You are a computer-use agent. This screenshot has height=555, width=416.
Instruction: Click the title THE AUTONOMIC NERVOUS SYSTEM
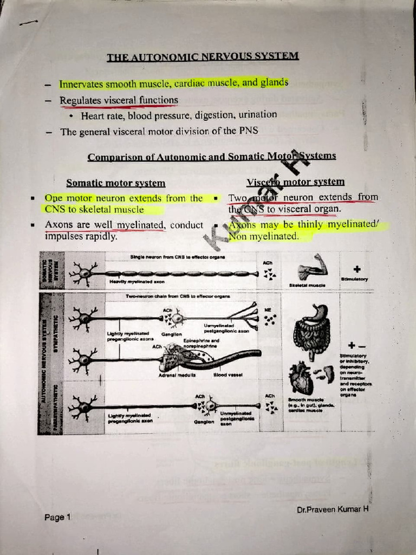tap(203, 57)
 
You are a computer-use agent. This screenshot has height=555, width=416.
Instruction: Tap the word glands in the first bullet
tap(274, 82)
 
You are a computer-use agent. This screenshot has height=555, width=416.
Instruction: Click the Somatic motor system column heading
tap(115, 183)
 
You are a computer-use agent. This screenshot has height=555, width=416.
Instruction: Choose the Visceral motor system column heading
tap(295, 182)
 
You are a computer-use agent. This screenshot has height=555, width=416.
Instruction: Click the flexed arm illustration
tap(313, 268)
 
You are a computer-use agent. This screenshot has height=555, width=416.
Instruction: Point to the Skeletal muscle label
tap(306, 285)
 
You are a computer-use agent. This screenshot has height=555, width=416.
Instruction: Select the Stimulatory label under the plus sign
tap(354, 279)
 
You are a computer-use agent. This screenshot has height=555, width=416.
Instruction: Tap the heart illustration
tap(301, 377)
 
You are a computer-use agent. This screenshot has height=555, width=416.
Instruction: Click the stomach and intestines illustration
tap(311, 332)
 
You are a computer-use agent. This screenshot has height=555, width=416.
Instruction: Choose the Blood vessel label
tap(227, 375)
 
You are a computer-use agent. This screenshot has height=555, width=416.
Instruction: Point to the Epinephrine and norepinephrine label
tap(200, 343)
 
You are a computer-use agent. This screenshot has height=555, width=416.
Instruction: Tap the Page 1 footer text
tap(57, 518)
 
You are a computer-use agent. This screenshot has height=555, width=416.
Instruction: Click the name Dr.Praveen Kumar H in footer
tap(333, 509)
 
